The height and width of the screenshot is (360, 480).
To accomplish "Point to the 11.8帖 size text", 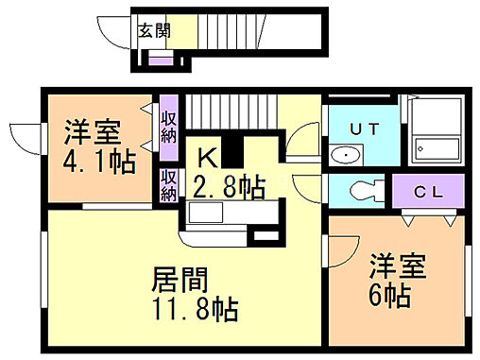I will point(194,308).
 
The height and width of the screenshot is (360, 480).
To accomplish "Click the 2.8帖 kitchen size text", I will point(230,185).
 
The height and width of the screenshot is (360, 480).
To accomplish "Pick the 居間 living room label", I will point(180,281).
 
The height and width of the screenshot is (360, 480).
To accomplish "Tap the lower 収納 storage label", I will point(169,184).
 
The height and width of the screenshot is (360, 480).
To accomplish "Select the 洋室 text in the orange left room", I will point(91,130).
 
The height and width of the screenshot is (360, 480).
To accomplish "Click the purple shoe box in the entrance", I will point(161,60).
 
